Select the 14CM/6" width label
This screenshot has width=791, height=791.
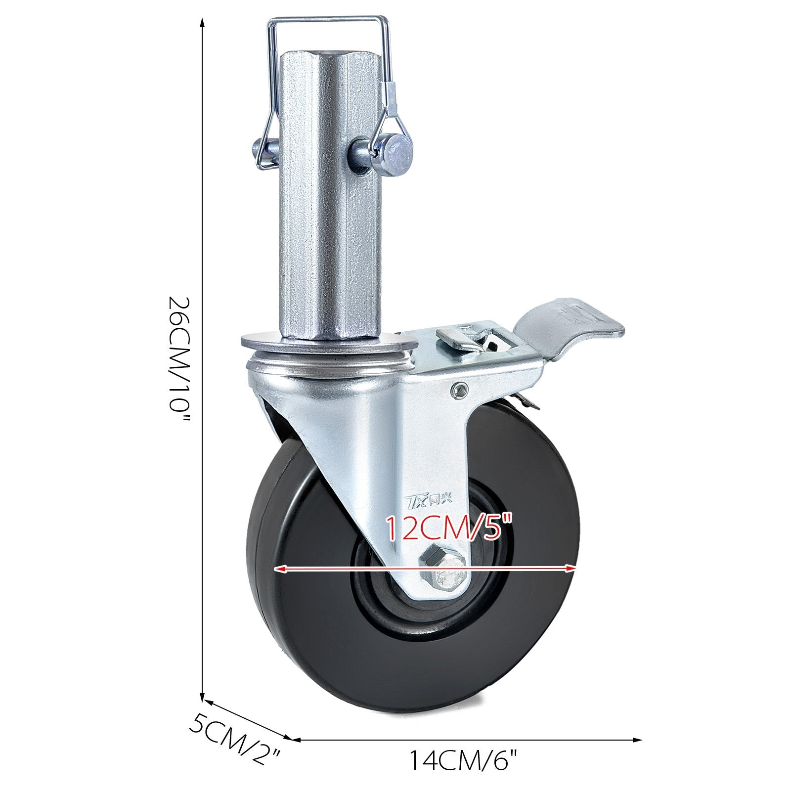pos(464,775)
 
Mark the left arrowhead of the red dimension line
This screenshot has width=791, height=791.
pos(280,570)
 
